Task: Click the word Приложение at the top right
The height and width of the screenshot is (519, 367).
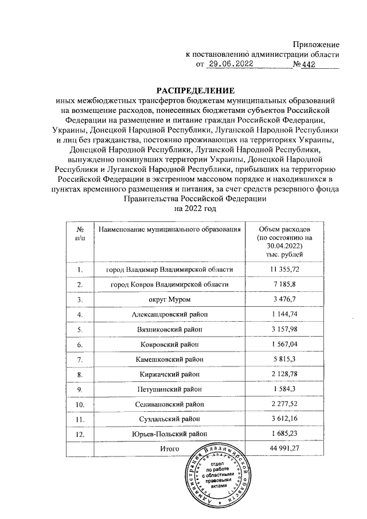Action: coord(316,44)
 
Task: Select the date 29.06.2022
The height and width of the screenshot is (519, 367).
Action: coord(231,65)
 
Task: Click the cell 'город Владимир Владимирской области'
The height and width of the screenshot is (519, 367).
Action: coord(170,270)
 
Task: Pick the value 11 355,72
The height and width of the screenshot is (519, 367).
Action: coord(282,270)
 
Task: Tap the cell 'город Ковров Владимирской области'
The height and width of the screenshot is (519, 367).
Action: coord(170,284)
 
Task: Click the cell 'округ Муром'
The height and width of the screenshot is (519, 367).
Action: coord(170,299)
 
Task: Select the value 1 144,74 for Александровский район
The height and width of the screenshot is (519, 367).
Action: coord(282,314)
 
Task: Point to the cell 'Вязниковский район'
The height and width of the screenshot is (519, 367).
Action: coord(170,330)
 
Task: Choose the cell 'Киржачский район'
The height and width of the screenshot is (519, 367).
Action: coord(170,374)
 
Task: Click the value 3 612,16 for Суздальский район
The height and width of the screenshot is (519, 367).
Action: coord(282,419)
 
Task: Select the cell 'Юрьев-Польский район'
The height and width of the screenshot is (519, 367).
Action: coord(170,434)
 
